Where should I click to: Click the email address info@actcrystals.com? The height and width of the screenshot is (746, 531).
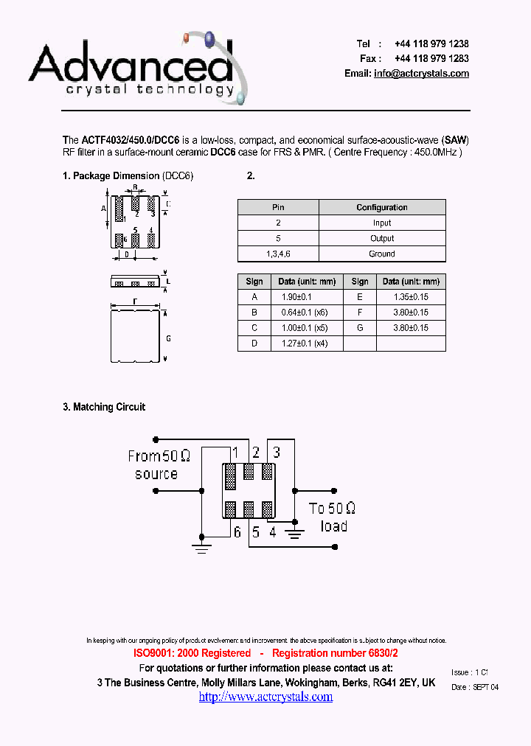coord(421,74)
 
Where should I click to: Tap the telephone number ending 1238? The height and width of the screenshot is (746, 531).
coord(431,44)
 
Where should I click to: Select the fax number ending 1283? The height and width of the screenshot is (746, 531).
coord(431,58)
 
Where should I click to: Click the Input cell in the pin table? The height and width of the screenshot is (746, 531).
coord(382,223)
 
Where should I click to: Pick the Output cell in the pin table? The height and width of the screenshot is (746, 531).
coord(382,238)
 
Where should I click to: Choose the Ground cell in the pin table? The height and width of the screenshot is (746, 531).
coord(382,254)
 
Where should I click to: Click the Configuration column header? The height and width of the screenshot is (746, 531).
coord(382,207)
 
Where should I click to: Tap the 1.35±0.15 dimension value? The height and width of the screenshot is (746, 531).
coord(412,296)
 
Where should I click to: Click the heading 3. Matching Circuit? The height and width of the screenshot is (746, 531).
coord(104,407)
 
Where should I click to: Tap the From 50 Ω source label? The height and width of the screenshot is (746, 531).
coord(158,465)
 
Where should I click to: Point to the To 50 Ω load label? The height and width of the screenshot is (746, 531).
coord(333,517)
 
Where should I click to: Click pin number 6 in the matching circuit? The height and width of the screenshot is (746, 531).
coord(237,531)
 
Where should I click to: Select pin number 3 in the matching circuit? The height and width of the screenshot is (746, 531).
coord(277,453)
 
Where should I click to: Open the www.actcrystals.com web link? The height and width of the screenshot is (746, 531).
coord(265,697)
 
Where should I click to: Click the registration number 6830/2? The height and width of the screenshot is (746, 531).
coord(372,653)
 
